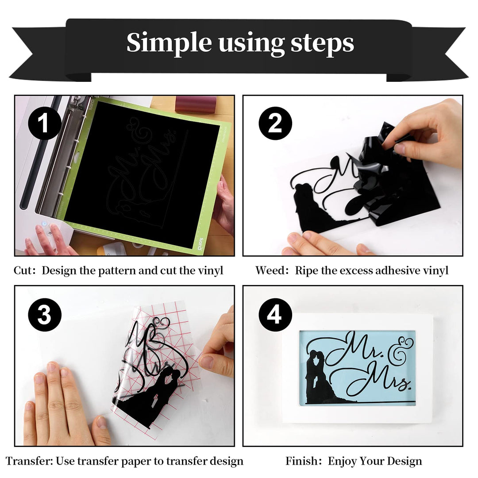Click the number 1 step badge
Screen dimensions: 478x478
pyautogui.click(x=45, y=123)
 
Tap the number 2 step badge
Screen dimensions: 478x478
pyautogui.click(x=275, y=123)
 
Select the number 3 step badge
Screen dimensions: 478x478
pyautogui.click(x=45, y=315)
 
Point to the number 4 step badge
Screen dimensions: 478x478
pyautogui.click(x=275, y=315)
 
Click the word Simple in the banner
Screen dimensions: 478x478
pyautogui.click(x=169, y=42)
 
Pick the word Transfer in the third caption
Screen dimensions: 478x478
pyautogui.click(x=28, y=461)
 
